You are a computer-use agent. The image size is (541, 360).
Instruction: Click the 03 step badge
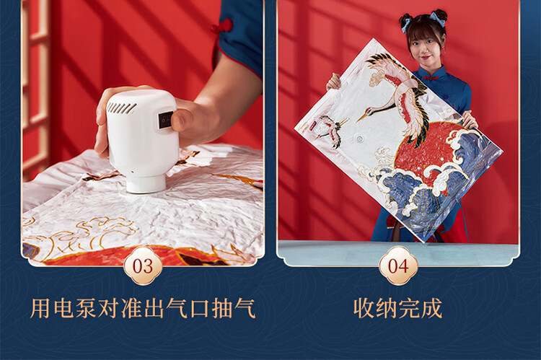pyautogui.click(x=143, y=265)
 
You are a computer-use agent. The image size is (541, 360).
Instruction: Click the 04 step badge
pyautogui.click(x=398, y=265)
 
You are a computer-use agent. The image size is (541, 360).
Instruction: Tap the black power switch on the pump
pyautogui.click(x=166, y=120)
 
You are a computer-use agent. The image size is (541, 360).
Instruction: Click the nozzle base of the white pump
pyautogui.click(x=146, y=183)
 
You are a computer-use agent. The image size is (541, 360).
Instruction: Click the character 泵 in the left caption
pyautogui.click(x=86, y=308)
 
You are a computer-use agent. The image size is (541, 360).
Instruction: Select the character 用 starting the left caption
pyautogui.click(x=40, y=308)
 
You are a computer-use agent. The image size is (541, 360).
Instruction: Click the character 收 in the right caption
pyautogui.click(x=364, y=308)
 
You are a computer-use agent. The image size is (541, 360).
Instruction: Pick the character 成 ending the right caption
pyautogui.click(x=431, y=308)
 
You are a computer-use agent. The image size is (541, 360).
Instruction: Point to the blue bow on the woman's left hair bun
pyautogui.click(x=405, y=24)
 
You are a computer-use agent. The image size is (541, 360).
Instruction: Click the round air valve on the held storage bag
pyautogui.click(x=359, y=139)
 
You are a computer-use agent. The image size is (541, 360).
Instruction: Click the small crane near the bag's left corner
pyautogui.click(x=327, y=128)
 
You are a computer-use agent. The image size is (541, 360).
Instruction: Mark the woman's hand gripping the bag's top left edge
pyautogui.click(x=334, y=82)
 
